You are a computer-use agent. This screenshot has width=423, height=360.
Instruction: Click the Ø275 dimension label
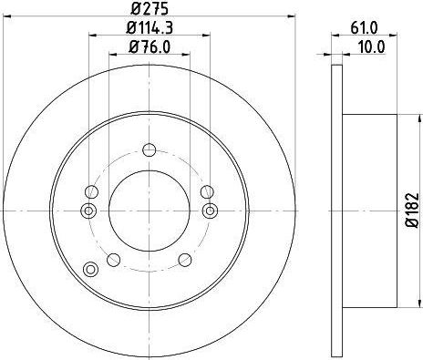(150, 8)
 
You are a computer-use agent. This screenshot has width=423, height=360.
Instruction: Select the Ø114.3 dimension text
(150, 28)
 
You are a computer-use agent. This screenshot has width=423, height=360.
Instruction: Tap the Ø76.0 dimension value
(150, 47)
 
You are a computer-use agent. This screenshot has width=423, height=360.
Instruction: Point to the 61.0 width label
(364, 28)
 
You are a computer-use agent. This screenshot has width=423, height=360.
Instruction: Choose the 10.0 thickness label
(371, 47)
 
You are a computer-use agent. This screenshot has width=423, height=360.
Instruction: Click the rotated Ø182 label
(413, 211)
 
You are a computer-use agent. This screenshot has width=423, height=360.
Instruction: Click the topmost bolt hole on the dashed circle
(150, 149)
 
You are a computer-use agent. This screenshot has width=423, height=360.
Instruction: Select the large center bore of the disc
(150, 211)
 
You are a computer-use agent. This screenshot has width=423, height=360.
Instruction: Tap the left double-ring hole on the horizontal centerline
(88, 211)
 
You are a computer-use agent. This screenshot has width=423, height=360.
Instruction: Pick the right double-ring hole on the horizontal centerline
(210, 211)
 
